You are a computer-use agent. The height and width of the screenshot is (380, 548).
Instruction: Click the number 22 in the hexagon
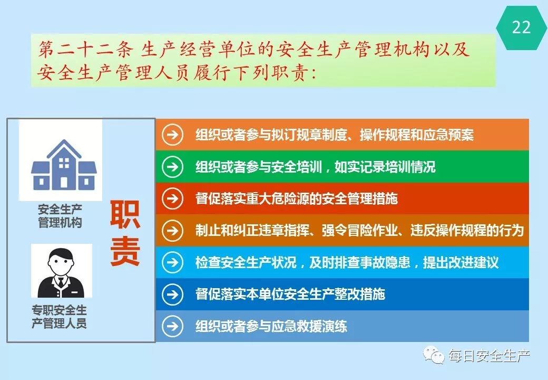521,27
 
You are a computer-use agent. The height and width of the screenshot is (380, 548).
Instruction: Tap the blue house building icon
64,165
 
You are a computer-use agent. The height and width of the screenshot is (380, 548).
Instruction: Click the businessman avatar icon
62,272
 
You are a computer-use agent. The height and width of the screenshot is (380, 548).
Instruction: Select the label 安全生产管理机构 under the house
60,216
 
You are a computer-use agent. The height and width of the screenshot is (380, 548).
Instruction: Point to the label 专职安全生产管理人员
59,316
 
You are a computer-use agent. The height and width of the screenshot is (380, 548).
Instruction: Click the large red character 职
125,215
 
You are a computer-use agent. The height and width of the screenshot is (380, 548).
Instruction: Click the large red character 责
125,251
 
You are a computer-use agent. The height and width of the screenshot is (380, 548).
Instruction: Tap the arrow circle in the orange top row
173,135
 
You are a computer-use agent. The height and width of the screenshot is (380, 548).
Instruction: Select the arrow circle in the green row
173,167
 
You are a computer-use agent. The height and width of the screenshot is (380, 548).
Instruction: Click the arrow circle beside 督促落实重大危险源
173,198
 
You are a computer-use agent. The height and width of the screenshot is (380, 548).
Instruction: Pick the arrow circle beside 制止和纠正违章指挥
173,231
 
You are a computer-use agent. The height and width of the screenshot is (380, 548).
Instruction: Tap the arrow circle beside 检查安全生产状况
173,262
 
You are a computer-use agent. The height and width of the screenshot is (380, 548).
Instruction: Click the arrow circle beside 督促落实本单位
173,294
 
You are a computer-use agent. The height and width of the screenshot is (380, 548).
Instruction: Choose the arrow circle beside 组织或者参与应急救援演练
173,326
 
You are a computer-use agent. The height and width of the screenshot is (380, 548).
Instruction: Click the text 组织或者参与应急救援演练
271,326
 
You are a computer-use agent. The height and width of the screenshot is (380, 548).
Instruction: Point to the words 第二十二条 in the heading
85,49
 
